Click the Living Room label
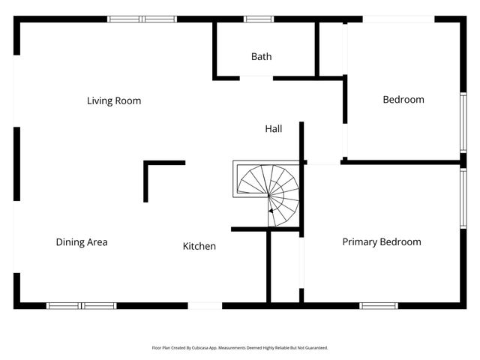[x=114, y=100]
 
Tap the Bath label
[x=262, y=56]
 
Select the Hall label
[x=274, y=129]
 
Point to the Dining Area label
[x=82, y=242]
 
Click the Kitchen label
[x=199, y=246]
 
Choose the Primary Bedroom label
[x=382, y=241]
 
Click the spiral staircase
[x=268, y=188]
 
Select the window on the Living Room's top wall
[x=142, y=19]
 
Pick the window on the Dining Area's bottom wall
[x=81, y=306]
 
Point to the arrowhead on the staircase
[x=270, y=211]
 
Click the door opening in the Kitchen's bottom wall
[x=205, y=306]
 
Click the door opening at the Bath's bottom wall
[x=256, y=77]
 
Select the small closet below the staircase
[x=285, y=266]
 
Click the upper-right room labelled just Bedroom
[x=403, y=100]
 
